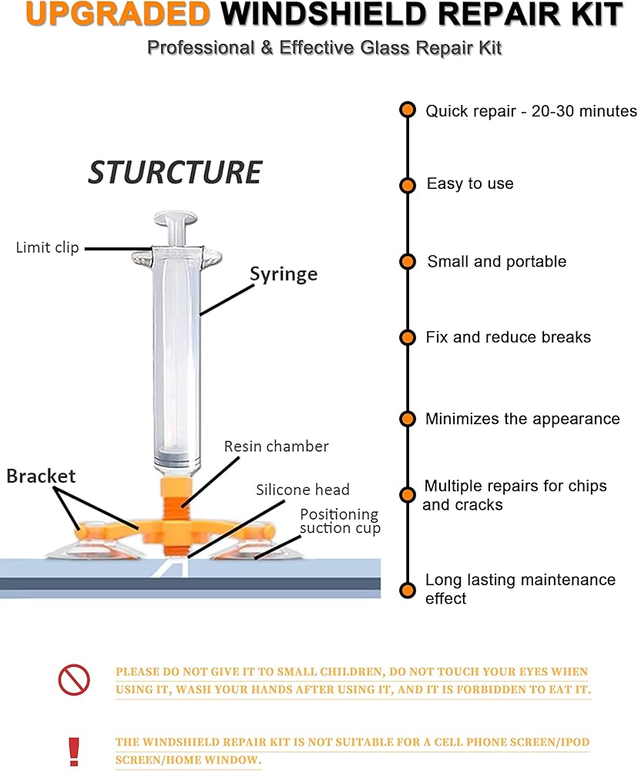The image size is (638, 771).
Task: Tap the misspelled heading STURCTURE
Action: click(175, 172)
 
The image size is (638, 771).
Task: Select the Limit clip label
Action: click(47, 247)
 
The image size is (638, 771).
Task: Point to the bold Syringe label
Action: click(283, 274)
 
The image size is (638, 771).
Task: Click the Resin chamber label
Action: click(276, 446)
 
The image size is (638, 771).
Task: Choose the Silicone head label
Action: click(303, 490)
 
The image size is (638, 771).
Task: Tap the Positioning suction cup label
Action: click(340, 521)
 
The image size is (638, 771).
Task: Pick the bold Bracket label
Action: click(41, 476)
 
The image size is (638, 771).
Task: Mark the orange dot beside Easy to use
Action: click(408, 185)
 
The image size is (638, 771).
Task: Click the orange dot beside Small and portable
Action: click(408, 261)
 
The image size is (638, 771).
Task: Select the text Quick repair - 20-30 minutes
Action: click(531, 111)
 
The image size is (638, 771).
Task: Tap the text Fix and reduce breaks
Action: click(508, 337)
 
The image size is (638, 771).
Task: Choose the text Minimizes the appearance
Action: click(522, 419)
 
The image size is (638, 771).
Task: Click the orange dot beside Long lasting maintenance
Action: click(408, 591)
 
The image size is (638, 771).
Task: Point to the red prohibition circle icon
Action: click(74, 679)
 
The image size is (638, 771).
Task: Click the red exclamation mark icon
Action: click(74, 750)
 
